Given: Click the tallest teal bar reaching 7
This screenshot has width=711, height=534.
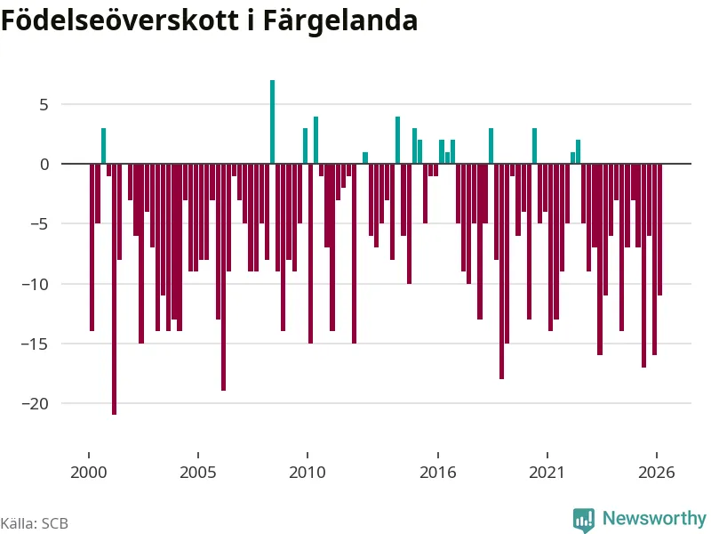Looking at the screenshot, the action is coord(273,122).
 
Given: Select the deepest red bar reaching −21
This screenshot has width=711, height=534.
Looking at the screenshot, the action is coord(115,289).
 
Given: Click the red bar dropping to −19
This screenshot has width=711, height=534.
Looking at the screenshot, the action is coord(224,277).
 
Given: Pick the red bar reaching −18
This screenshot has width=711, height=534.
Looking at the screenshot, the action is coord(501,271).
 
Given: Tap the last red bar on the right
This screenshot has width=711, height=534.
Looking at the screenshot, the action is coord(660,230).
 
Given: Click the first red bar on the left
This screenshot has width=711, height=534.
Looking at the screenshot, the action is coord(92,247).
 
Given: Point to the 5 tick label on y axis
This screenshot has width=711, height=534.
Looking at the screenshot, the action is coord(44,105).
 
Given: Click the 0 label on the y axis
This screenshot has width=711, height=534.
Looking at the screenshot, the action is coord(44,165).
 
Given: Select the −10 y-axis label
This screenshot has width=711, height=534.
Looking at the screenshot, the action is coord(35,284).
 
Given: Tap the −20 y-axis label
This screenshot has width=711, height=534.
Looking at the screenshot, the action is coord(35,404).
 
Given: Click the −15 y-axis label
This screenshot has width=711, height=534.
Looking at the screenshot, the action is coord(35,344).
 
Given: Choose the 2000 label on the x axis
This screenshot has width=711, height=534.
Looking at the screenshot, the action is coord(88,473).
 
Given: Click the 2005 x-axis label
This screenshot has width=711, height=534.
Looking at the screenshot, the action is coord(197,473).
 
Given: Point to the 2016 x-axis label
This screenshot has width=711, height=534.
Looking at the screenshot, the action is coord(437,473).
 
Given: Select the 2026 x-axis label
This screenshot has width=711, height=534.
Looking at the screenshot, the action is coord(656,473).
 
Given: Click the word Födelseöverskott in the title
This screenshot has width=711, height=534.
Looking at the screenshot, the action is coord(120,20).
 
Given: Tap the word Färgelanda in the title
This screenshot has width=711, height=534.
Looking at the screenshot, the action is coord(340,21).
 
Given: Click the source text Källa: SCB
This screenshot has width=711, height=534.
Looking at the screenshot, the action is coord(35,523).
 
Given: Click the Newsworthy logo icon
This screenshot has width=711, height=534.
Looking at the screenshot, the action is coord(584,520).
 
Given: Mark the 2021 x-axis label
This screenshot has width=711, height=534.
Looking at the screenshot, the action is coord(547,473).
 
